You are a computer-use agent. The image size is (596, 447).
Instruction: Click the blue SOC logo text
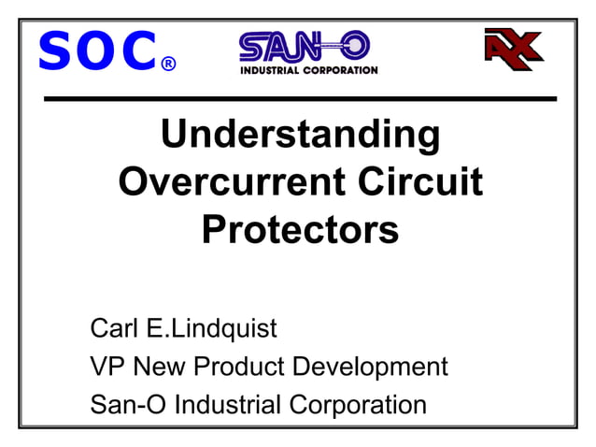[x=96, y=52]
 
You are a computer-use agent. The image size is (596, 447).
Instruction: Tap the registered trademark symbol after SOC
[x=168, y=65]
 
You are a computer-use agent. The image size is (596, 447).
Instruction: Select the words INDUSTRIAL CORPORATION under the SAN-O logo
[x=309, y=70]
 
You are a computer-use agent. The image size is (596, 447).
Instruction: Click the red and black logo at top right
[x=514, y=47]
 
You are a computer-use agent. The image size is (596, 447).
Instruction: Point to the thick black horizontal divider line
[x=299, y=98]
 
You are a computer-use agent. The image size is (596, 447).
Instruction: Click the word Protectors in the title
[x=300, y=228]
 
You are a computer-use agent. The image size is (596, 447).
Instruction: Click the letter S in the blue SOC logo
[x=55, y=52]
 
